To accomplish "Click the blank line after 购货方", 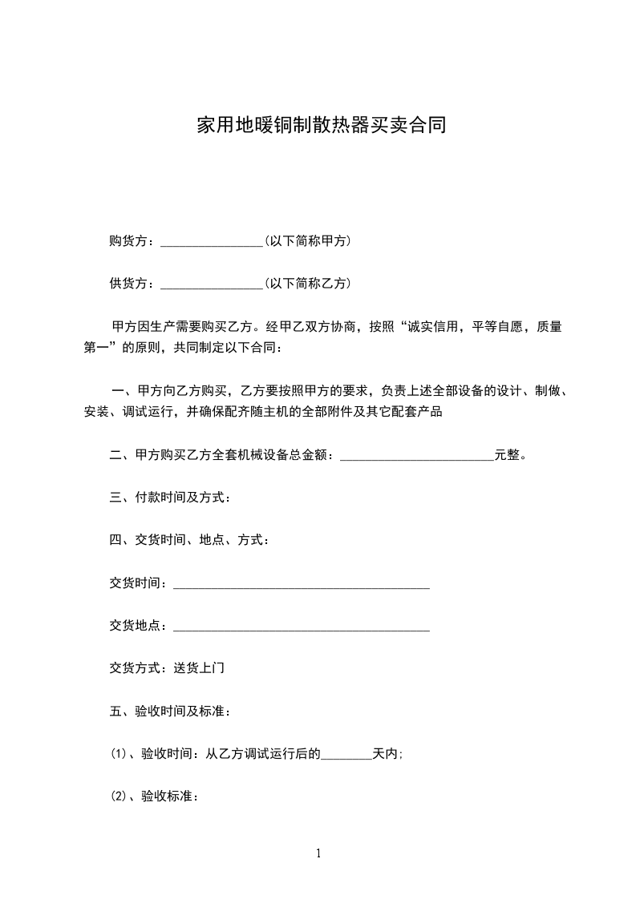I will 212,241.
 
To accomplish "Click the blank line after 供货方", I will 212,284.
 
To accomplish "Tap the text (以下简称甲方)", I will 307,240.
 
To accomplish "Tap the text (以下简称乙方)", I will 307,284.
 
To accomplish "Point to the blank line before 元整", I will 417,457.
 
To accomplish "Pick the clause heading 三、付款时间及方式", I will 170,498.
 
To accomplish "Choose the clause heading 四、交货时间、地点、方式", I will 189,541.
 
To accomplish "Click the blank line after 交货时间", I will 302,585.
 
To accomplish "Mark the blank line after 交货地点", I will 302,628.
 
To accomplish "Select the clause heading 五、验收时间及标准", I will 170,711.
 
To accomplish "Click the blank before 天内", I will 346,755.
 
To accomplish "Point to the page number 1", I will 318,853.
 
